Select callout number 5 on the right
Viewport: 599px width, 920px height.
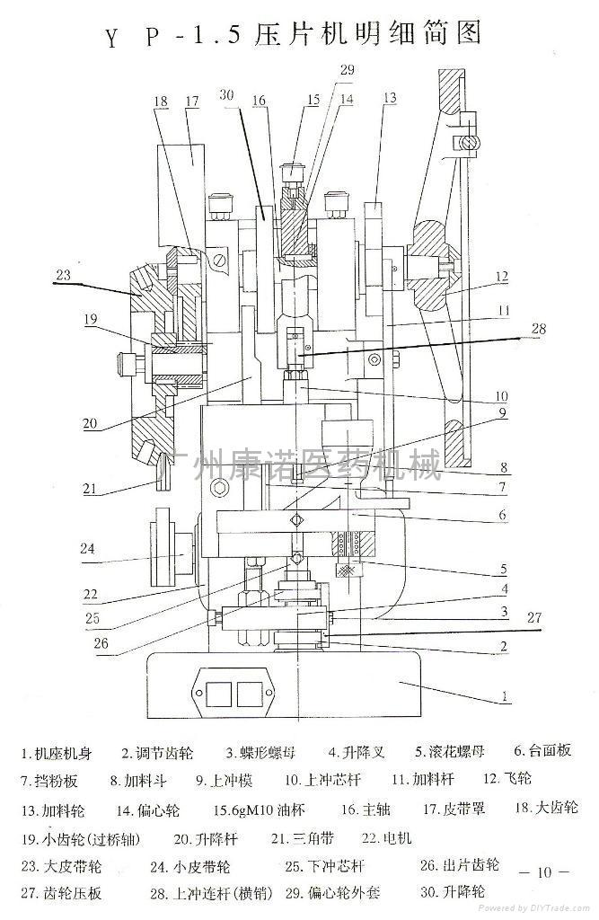[504, 570]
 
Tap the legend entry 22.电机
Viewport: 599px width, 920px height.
[387, 838]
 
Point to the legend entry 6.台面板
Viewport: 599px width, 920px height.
[542, 750]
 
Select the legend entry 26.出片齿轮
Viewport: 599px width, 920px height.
[459, 865]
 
